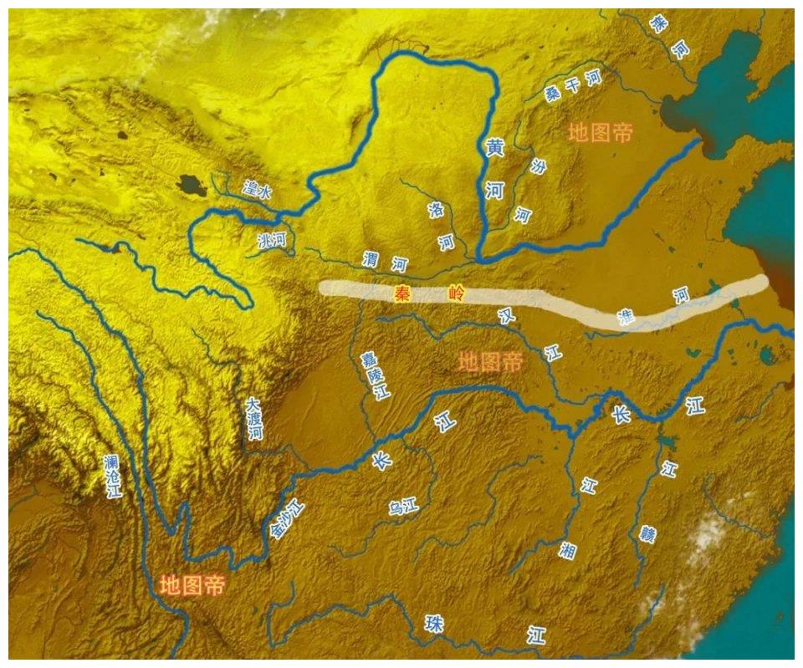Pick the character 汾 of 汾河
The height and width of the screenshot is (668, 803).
(x=538, y=166)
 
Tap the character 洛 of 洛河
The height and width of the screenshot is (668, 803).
(x=436, y=210)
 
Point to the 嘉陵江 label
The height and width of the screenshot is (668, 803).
(x=373, y=375)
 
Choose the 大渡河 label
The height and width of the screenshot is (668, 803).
(x=254, y=419)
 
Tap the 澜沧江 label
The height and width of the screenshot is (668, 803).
(x=112, y=477)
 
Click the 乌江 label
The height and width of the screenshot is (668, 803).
(x=403, y=507)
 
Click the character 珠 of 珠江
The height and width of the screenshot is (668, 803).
(x=434, y=624)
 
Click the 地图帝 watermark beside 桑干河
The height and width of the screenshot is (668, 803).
(x=600, y=132)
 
